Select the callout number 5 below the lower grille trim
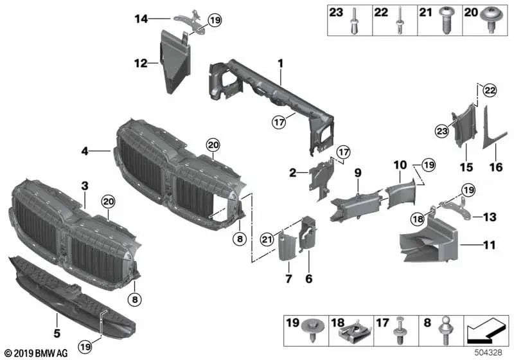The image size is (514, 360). pyautogui.click(x=57, y=333)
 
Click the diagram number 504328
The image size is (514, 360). pyautogui.click(x=490, y=354)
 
